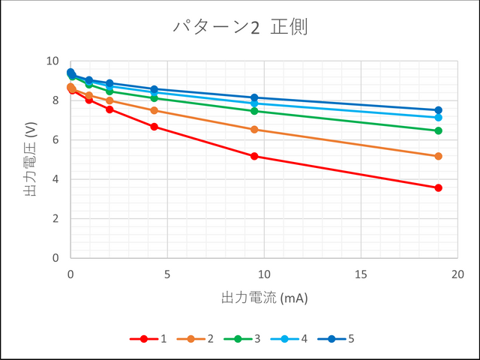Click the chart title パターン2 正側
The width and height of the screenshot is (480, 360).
click(240, 28)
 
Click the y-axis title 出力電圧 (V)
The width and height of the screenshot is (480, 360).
click(31, 160)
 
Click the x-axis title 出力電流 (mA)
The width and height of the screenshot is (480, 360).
click(265, 298)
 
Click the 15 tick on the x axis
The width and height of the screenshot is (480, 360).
click(361, 274)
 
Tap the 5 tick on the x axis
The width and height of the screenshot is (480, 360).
click(167, 274)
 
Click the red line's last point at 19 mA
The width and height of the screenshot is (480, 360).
click(439, 187)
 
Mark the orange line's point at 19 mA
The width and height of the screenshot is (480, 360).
click(439, 156)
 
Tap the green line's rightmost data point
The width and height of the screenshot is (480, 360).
click(439, 130)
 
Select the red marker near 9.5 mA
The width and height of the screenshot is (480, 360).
click(254, 156)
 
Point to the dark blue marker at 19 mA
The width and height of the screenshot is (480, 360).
click(439, 110)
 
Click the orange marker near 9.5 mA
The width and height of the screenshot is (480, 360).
click(254, 130)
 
